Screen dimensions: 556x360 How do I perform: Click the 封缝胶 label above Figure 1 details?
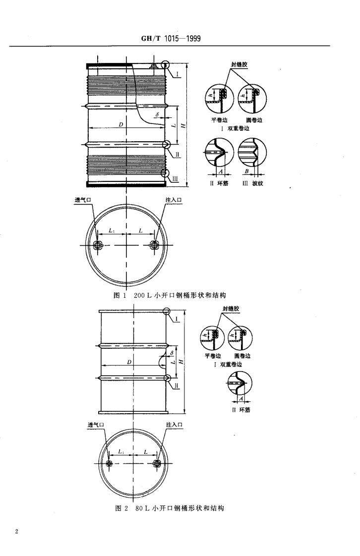click(240, 65)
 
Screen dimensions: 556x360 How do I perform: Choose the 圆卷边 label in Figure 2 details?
click(242, 356)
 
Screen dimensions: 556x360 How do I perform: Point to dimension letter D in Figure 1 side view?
click(120, 124)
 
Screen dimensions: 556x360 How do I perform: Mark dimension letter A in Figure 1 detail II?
click(220, 170)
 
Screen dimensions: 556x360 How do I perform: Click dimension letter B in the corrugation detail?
click(246, 170)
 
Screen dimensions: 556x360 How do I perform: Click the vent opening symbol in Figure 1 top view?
click(98, 245)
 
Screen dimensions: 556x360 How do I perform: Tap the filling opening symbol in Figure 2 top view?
click(157, 463)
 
